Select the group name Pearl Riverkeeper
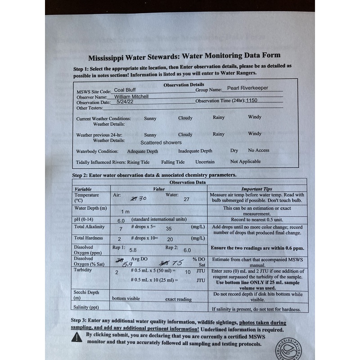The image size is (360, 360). [247, 88]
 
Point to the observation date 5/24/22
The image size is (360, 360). [125, 102]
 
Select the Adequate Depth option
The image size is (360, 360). [143, 152]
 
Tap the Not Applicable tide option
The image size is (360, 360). [245, 162]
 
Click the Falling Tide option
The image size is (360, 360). [173, 162]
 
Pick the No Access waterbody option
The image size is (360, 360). [259, 150]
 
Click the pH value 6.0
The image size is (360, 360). [121, 221]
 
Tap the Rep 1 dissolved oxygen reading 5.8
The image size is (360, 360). [133, 250]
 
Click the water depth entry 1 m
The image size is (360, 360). [125, 211]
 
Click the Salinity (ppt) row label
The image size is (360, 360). [86, 307]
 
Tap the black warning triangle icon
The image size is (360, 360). [77, 337]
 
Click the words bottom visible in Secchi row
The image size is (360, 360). [126, 299]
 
